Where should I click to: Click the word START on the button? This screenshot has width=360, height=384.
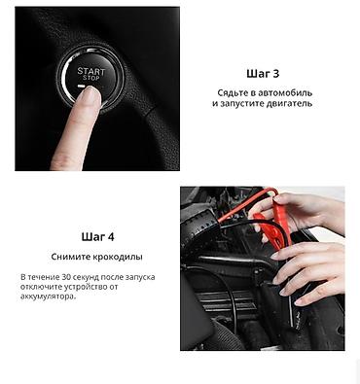coord(91,71)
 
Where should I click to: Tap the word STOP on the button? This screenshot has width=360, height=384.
coord(90,78)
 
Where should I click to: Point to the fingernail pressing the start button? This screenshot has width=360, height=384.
coord(91,94)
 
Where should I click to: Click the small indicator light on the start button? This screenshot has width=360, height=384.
coord(81,87)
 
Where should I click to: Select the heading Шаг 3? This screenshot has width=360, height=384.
coord(263,74)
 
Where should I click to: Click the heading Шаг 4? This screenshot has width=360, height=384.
coord(98,237)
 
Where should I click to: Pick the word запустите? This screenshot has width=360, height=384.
coord(242,104)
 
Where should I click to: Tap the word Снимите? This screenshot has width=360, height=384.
coord(70,257)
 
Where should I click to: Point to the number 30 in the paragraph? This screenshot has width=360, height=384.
coord(66,277)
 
